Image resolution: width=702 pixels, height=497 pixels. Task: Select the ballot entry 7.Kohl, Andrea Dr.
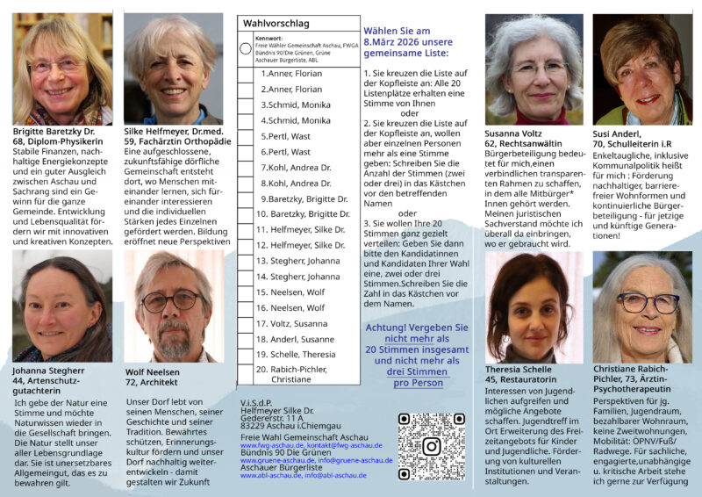[294, 167]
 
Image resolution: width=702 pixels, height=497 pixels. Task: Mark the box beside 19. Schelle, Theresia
[246, 354]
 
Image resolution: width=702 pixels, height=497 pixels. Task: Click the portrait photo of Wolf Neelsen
[174, 306]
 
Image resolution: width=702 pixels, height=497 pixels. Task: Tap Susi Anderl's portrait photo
[641, 69]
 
